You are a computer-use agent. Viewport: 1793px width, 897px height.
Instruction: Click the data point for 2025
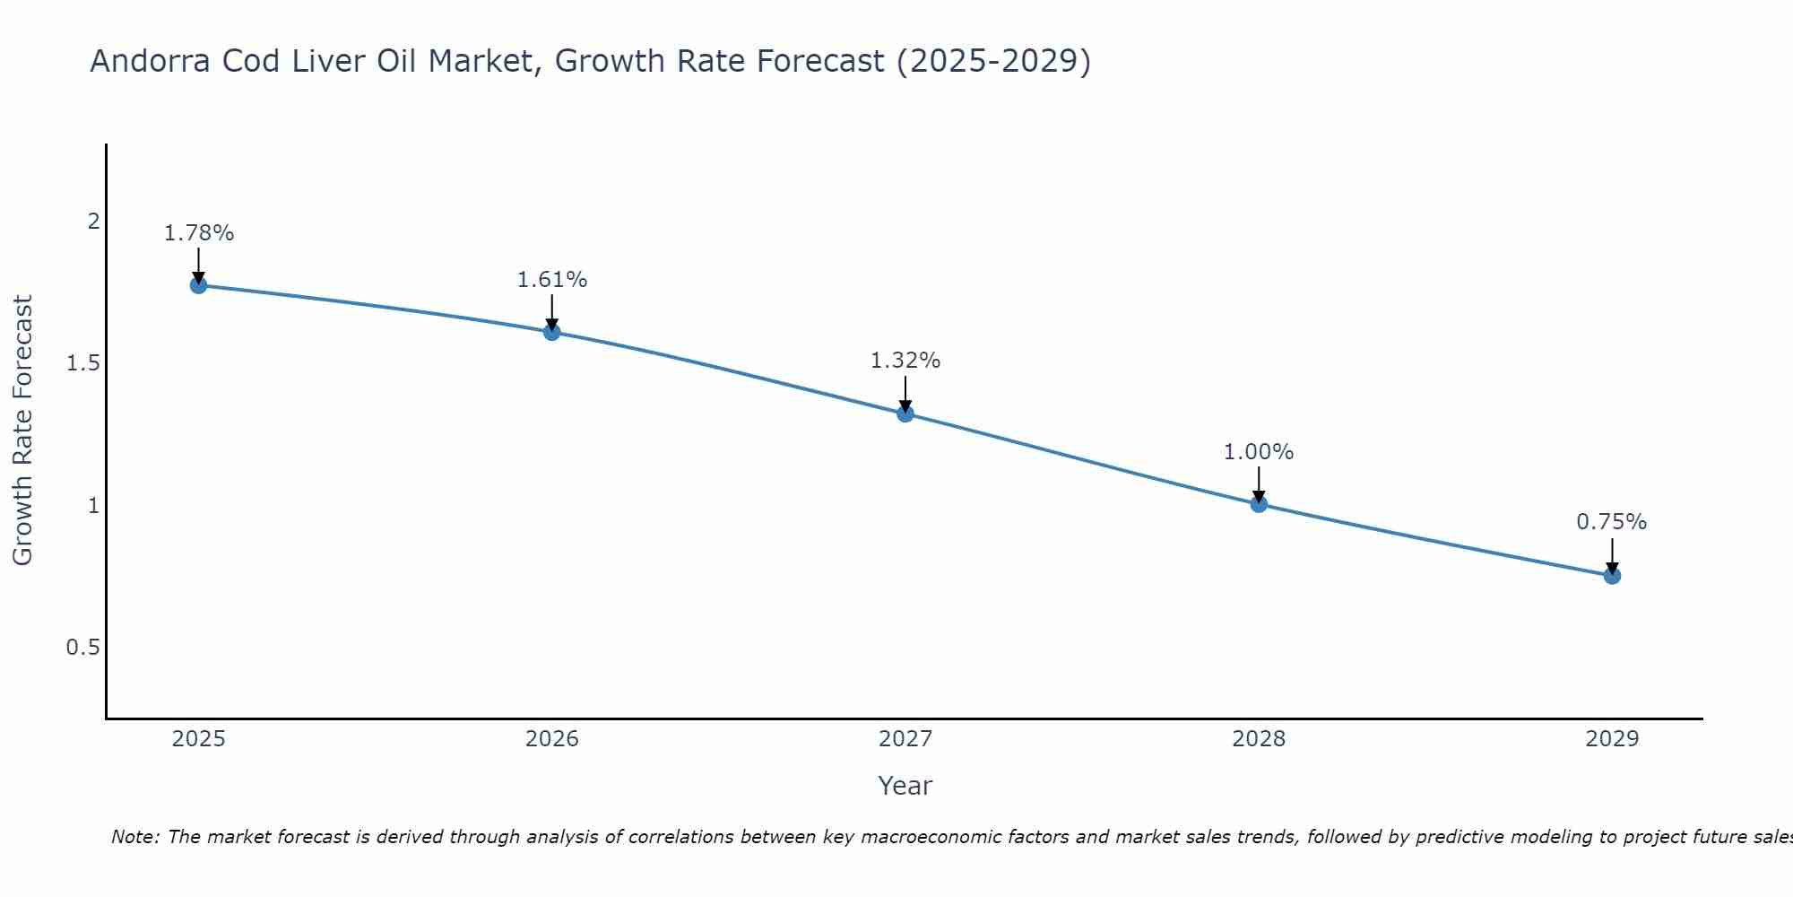[x=198, y=285]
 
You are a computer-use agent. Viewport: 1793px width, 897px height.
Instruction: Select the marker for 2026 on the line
[x=552, y=332]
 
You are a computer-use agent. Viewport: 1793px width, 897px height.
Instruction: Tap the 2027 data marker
[x=905, y=414]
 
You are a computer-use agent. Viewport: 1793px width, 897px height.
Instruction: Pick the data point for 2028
[x=1259, y=504]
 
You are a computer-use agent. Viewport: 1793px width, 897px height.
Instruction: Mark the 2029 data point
[x=1612, y=576]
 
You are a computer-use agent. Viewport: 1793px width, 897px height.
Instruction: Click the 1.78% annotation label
[x=199, y=233]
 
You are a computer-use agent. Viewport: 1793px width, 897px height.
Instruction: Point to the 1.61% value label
[x=552, y=280]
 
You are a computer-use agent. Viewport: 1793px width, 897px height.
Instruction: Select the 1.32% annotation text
[x=905, y=361]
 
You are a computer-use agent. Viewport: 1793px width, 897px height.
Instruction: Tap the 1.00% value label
[x=1259, y=452]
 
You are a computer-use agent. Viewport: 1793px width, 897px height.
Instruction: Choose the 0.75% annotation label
[x=1612, y=522]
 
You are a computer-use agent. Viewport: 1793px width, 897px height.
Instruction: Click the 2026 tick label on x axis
[x=552, y=739]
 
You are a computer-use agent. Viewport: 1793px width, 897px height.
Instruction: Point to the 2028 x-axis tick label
[x=1259, y=739]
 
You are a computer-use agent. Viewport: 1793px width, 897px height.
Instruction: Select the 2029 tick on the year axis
[x=1612, y=739]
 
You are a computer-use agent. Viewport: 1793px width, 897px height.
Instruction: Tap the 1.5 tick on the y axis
[x=82, y=363]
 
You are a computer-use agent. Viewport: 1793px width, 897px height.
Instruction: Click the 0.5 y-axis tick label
[x=82, y=648]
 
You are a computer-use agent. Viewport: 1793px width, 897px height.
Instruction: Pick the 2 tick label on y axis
[x=93, y=221]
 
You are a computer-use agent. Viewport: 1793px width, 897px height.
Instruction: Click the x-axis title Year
[x=905, y=786]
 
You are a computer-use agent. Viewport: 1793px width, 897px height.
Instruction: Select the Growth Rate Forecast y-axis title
[x=22, y=431]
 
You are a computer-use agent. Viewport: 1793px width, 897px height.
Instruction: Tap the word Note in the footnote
[x=134, y=837]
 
